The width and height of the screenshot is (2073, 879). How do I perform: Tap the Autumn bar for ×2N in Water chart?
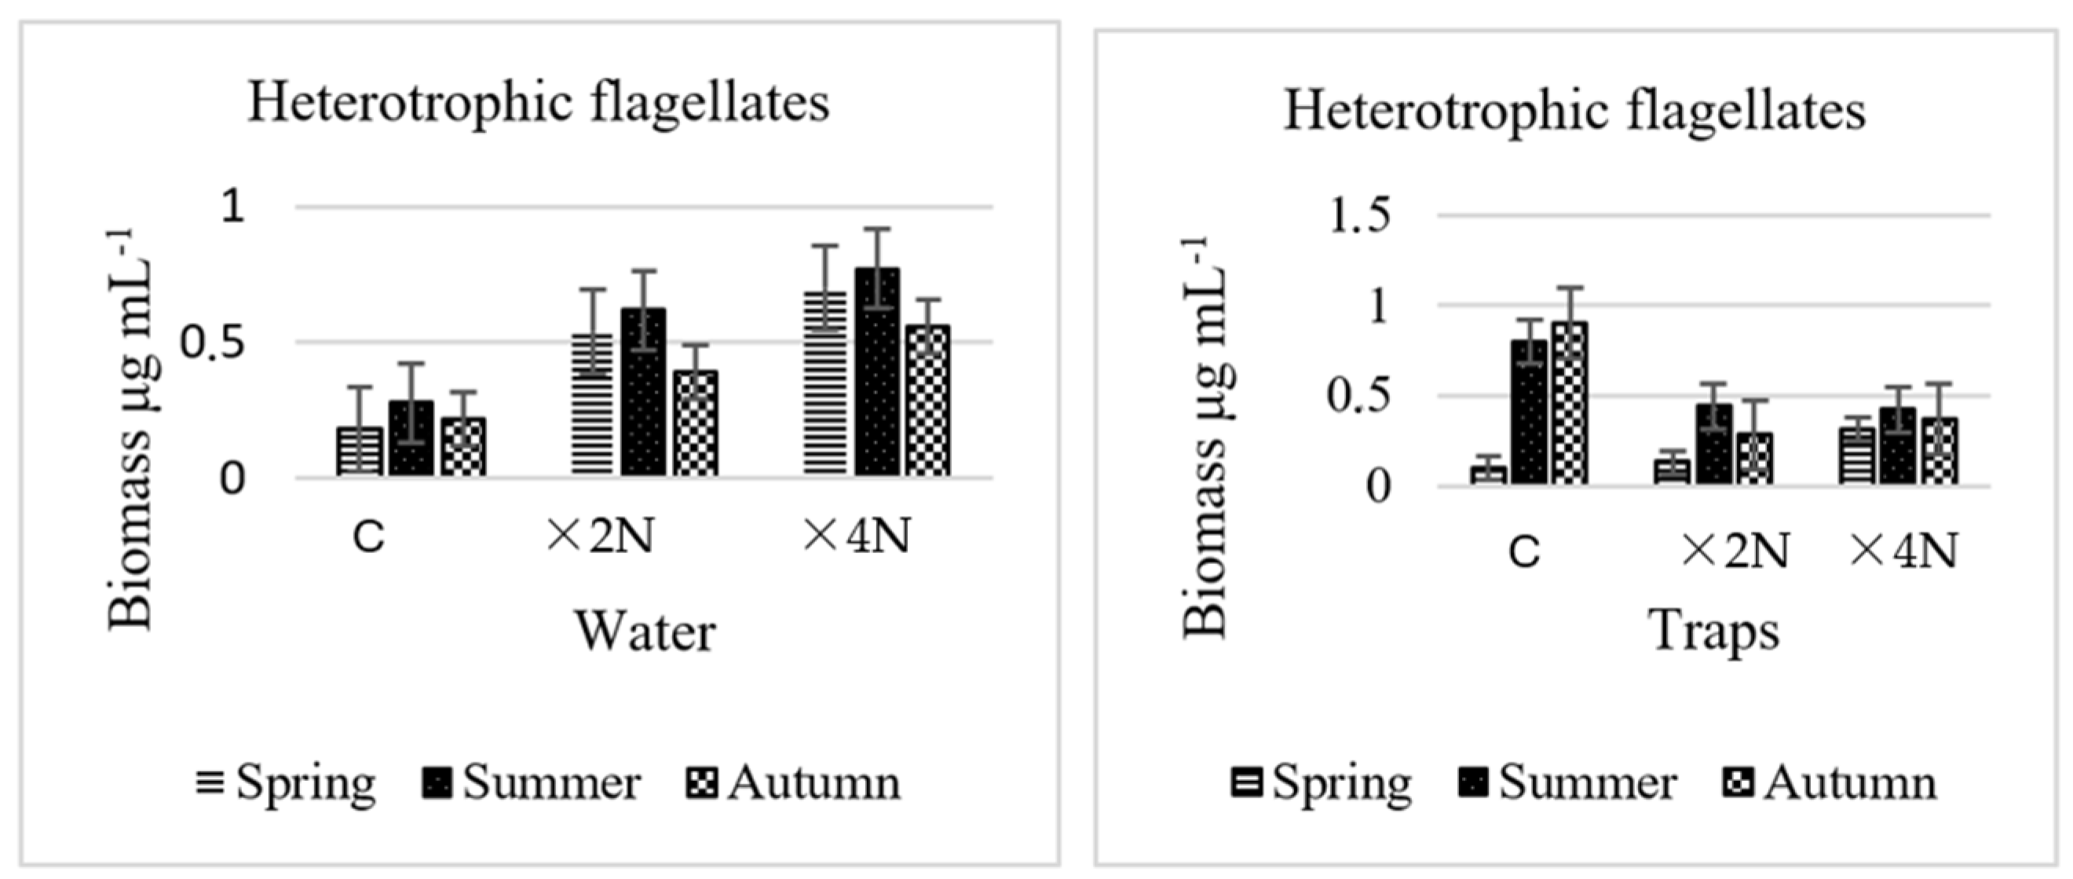click(x=696, y=423)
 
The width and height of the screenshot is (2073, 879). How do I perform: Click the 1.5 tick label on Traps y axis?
click(x=1359, y=218)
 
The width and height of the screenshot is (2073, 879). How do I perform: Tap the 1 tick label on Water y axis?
click(x=232, y=206)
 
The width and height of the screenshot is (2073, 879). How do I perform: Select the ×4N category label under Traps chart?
click(x=1903, y=552)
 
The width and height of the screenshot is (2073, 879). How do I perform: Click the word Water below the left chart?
click(x=645, y=632)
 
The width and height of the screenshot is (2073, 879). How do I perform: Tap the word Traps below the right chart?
click(x=1714, y=632)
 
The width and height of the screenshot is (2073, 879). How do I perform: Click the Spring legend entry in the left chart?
click(x=286, y=782)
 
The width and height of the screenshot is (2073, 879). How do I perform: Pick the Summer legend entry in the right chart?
click(x=1567, y=782)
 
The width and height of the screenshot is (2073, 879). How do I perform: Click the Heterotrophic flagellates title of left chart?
click(x=539, y=104)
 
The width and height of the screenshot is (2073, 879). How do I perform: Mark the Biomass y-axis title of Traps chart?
click(x=1206, y=438)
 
